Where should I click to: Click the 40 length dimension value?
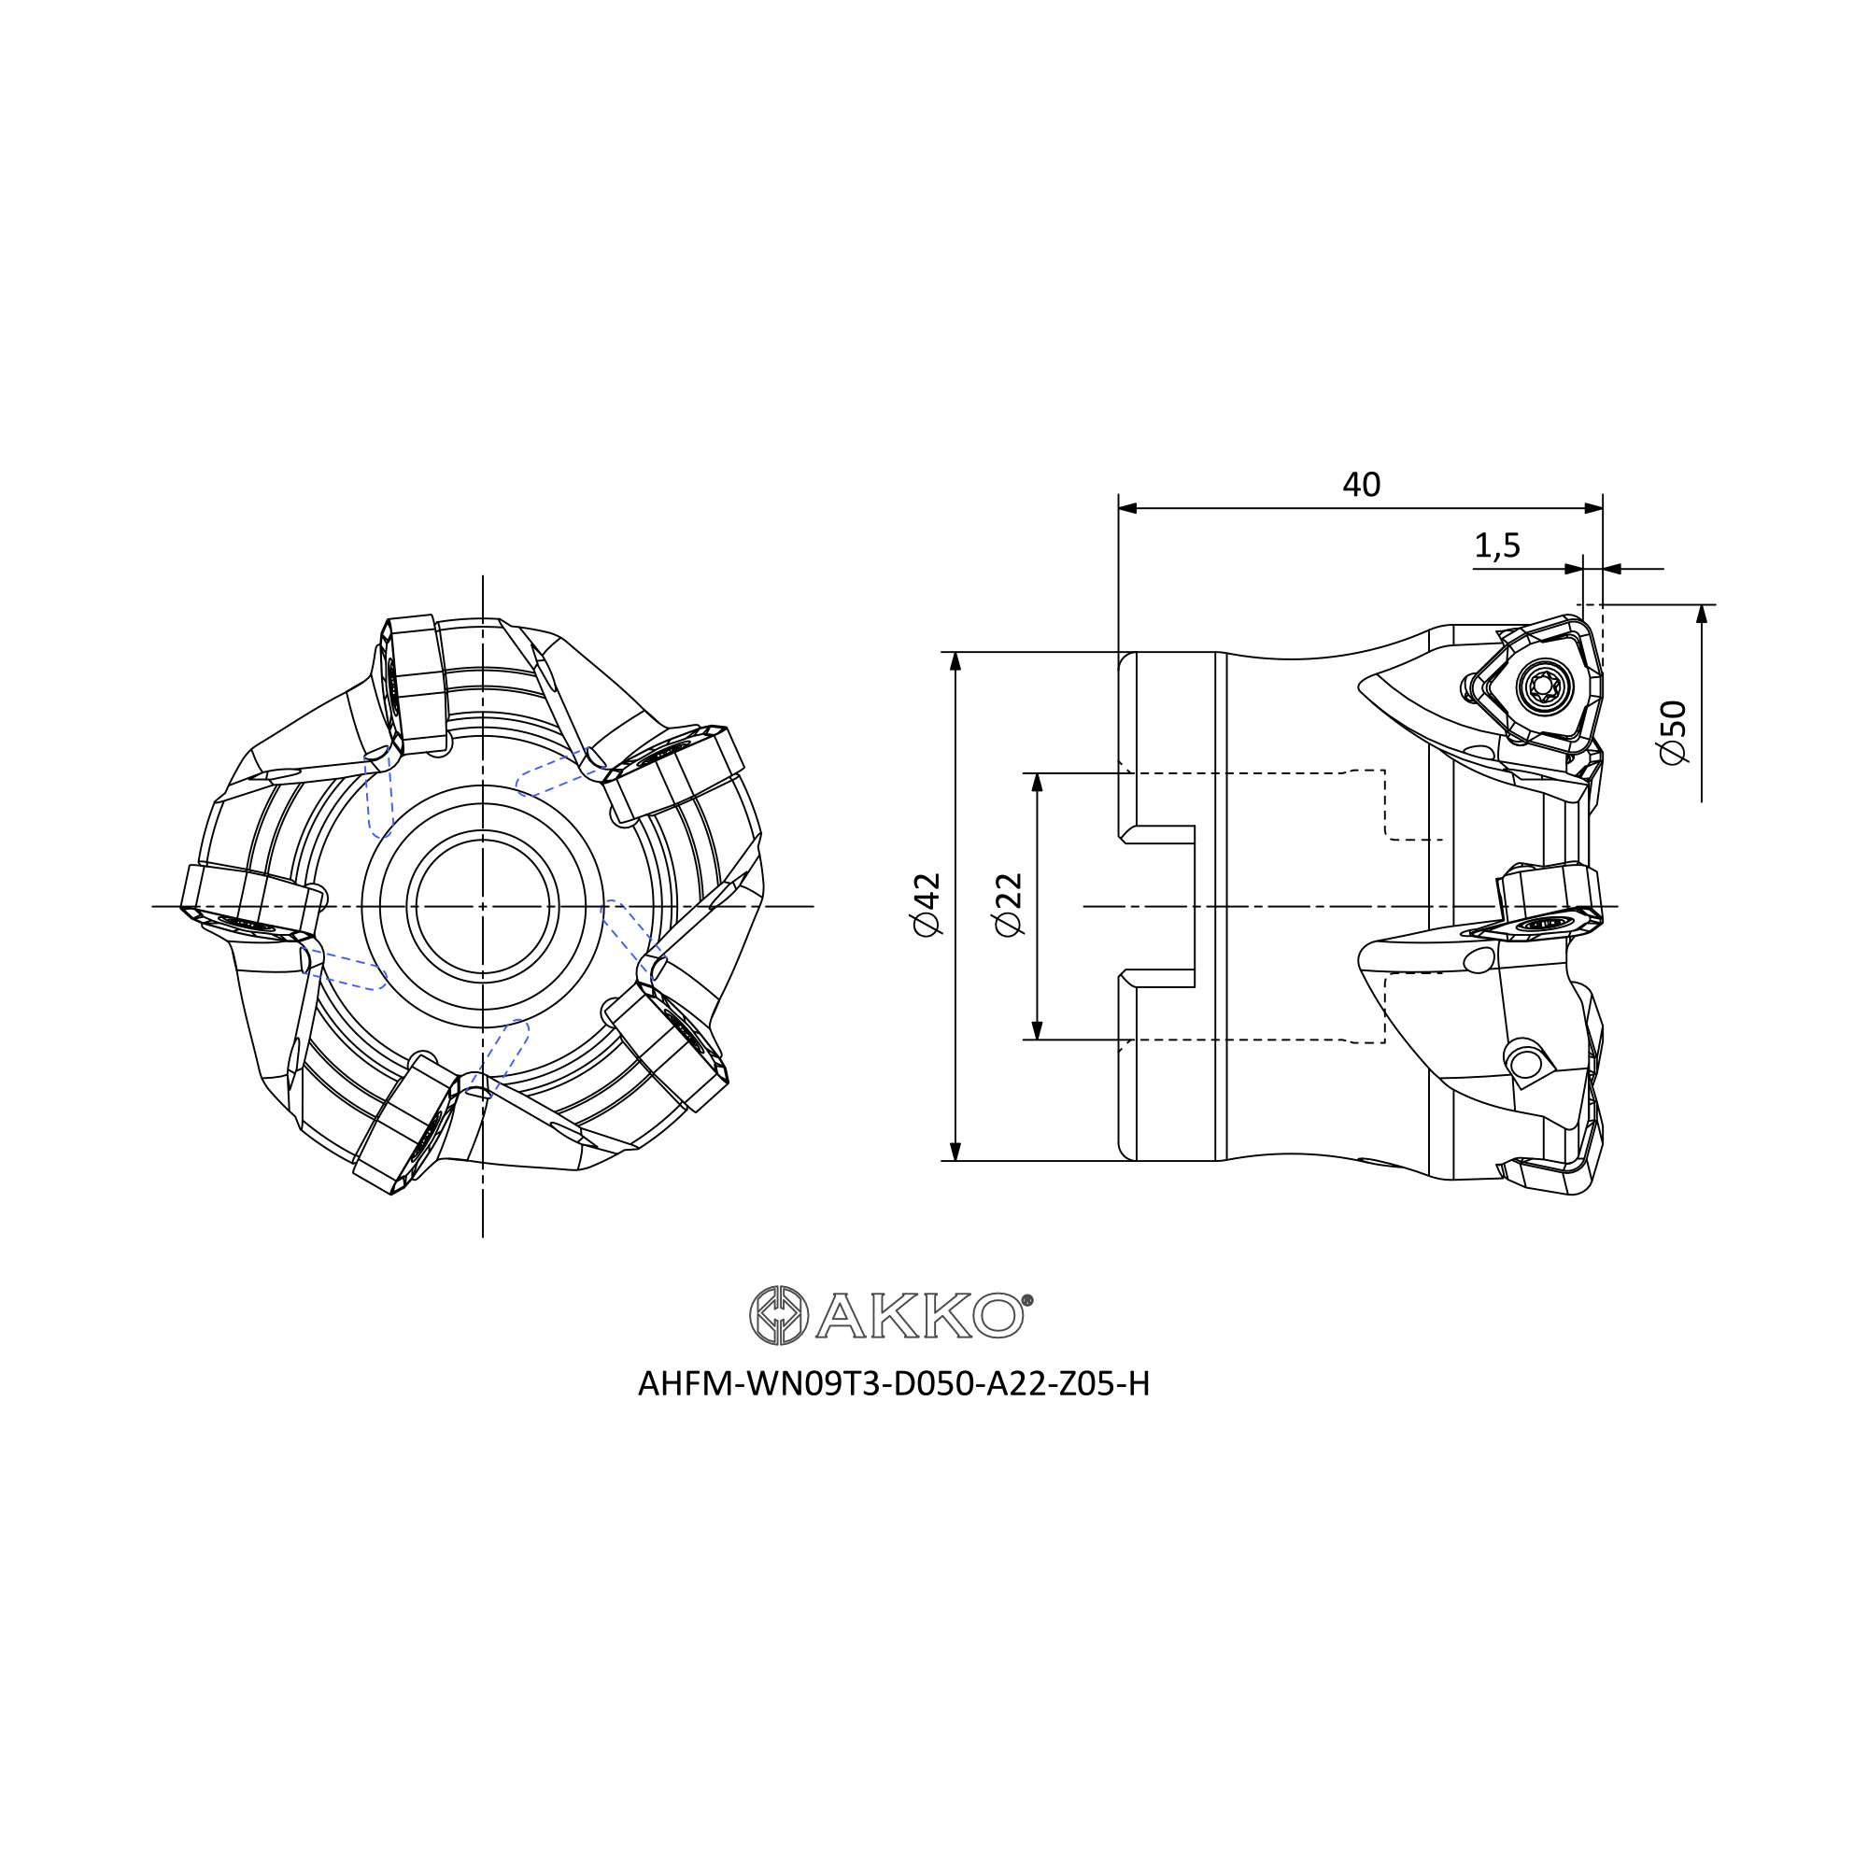point(1362,485)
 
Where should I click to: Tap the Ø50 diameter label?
point(1672,732)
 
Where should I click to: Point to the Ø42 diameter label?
point(927,904)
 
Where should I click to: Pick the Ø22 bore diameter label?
point(1009,904)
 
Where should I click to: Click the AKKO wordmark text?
point(918,1316)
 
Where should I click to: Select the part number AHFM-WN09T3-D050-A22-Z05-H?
point(894,1384)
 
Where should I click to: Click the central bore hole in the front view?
point(483,906)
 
